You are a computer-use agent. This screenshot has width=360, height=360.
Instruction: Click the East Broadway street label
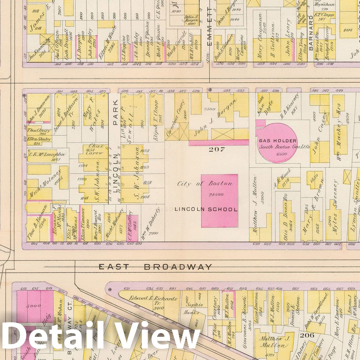[x=155, y=267]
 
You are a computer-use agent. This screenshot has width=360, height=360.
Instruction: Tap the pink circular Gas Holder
[x=277, y=143]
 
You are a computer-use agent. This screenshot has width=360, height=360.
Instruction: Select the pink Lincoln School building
[x=219, y=201]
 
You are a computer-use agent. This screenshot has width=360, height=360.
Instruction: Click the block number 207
[x=217, y=149]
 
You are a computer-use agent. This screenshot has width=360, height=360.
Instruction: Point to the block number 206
[x=307, y=335]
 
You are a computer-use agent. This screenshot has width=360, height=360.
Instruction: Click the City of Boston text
[x=205, y=184]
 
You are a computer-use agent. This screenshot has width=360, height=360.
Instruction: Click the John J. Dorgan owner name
[x=215, y=118]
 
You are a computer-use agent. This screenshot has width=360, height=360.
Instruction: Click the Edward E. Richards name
[x=153, y=298]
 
